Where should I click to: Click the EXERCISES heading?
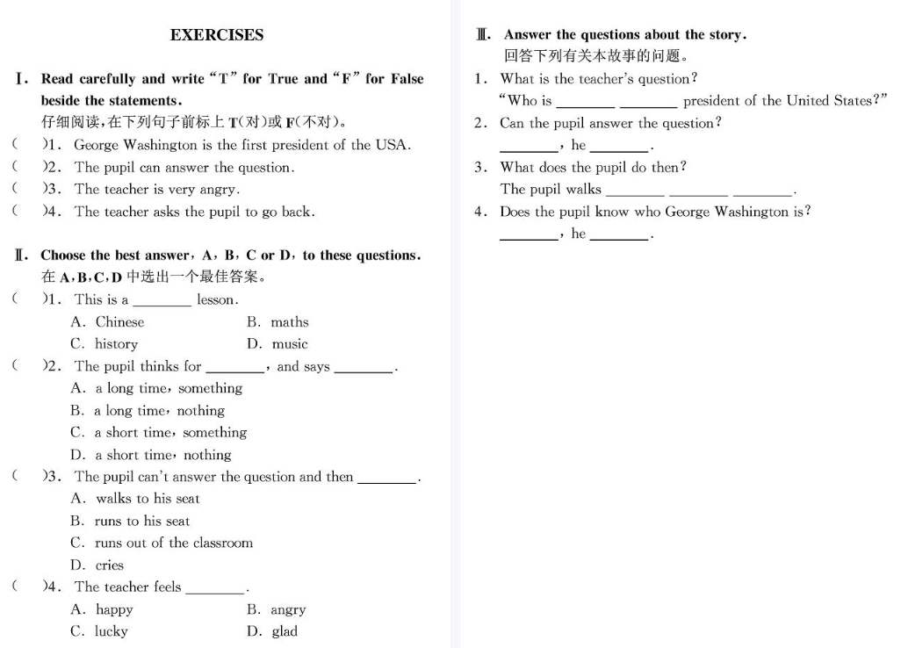(217, 35)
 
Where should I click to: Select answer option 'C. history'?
(105, 344)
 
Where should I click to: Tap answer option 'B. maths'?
(278, 322)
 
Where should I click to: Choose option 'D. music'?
(278, 344)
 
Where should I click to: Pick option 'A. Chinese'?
(107, 322)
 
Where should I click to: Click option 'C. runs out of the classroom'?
(162, 543)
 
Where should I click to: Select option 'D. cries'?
(97, 565)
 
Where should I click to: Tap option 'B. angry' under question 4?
(276, 609)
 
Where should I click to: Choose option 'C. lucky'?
(99, 631)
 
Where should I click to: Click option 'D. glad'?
(272, 631)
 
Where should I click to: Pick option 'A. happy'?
(102, 609)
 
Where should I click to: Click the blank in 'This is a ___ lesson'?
(162, 301)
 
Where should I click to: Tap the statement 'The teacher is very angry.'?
(157, 189)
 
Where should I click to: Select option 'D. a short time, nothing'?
(151, 455)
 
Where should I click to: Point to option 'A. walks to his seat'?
(135, 499)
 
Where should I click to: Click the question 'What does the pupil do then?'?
(594, 167)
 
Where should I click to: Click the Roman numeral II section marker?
(21, 256)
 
